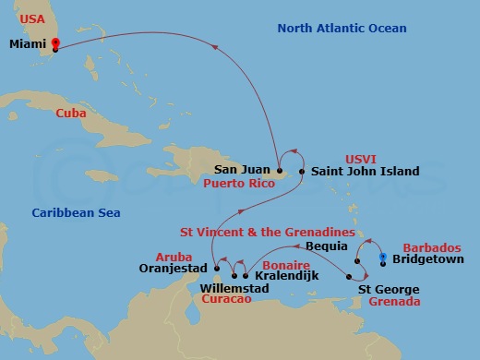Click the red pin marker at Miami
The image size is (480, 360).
coord(54,43)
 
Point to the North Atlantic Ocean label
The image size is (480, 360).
coord(342,29)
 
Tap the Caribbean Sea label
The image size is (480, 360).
coord(77,213)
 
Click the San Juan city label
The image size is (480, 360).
coord(242,170)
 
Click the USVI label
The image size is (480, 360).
coord(362,158)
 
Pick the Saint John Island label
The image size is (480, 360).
coord(365,171)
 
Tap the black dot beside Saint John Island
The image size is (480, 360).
coord(301,171)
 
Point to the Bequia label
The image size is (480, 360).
coord(326,246)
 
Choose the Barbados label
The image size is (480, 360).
coord(432,247)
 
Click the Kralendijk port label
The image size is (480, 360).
coord(282,275)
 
